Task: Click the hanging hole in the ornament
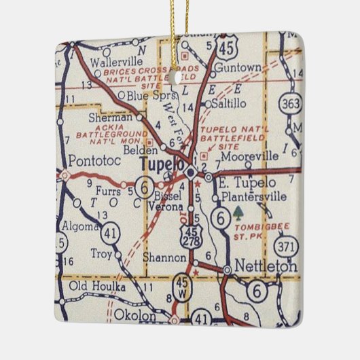pos(178,75)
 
